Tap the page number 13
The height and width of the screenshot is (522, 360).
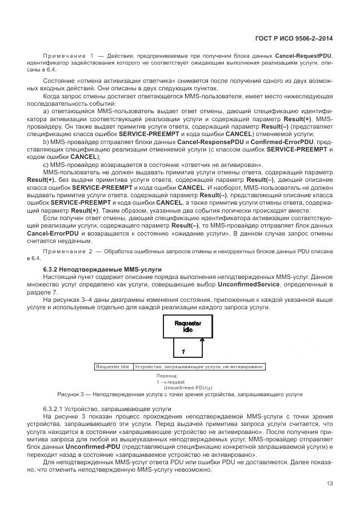pos(330,484)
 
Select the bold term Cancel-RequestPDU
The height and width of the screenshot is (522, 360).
pos(303,56)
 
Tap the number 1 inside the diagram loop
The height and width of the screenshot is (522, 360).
pos(183,349)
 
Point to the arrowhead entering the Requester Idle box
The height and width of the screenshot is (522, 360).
pos(202,340)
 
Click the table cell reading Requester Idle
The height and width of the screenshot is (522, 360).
pos(113,366)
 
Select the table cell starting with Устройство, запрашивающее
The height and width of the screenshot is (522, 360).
pos(198,366)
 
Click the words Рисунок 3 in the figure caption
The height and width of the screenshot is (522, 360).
pos(71,395)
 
